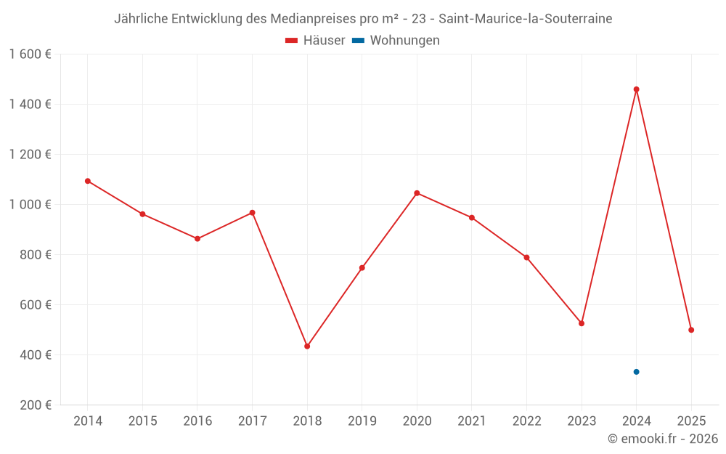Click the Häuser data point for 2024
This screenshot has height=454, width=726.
tap(636, 89)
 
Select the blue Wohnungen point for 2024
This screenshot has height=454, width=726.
tap(636, 372)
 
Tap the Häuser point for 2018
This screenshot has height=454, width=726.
tap(307, 346)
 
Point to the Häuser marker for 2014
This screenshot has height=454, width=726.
tap(88, 181)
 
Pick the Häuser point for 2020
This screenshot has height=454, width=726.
tap(417, 193)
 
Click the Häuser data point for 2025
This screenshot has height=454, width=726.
tap(691, 330)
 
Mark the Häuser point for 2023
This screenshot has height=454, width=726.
tap(582, 323)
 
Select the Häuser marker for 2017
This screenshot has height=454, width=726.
tap(252, 213)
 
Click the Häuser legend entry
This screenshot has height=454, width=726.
tap(315, 41)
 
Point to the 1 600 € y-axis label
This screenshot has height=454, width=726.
tap(30, 54)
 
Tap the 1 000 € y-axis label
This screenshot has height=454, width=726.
tap(30, 205)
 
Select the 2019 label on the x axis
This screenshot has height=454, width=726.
tap(362, 421)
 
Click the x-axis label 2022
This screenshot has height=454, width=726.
tap(526, 421)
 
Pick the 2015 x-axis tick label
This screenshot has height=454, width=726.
tap(142, 421)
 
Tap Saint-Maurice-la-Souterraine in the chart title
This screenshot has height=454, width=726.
tap(526, 19)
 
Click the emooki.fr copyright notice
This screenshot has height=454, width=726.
tap(662, 439)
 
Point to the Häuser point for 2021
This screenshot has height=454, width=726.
tap(472, 218)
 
